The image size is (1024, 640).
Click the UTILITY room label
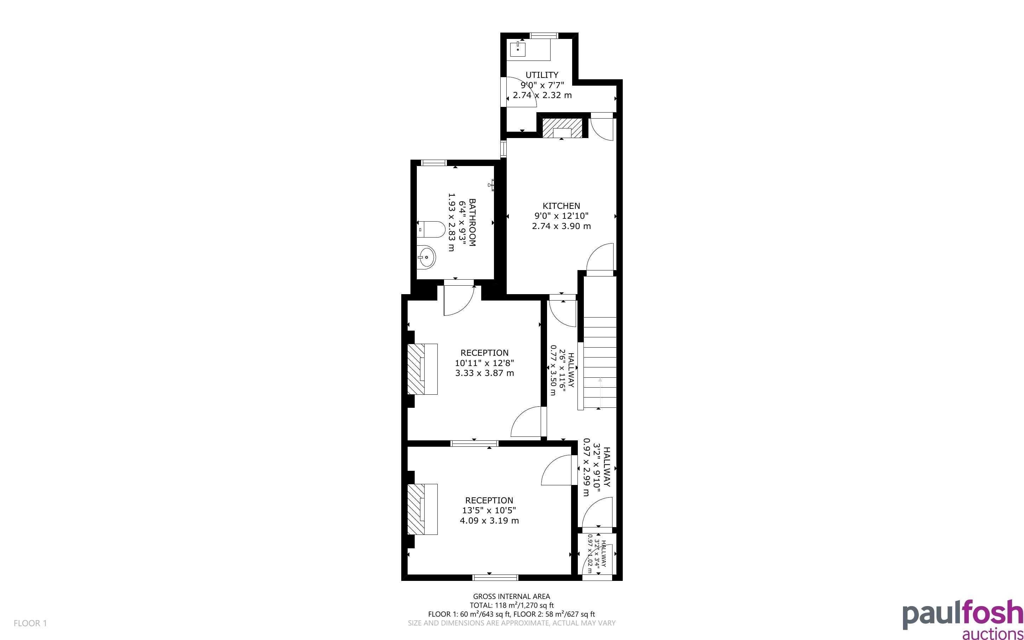542,75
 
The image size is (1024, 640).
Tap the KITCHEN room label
561,206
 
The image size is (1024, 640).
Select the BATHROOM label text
472,222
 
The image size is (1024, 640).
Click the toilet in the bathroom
431,230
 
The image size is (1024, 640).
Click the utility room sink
518,49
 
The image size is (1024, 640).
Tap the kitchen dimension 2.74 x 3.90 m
561,226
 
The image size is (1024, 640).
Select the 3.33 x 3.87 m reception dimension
485,373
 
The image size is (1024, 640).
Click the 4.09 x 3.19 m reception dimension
489,521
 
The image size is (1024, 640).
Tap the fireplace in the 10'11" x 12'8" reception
422,369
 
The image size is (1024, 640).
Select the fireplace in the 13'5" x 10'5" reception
422,509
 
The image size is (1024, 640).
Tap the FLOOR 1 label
30,623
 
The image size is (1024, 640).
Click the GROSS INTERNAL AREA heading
511,596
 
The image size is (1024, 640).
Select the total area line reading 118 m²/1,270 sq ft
511,605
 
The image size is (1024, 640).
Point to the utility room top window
544,35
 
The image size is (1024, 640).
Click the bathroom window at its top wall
434,162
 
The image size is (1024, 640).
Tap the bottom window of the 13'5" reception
495,577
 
